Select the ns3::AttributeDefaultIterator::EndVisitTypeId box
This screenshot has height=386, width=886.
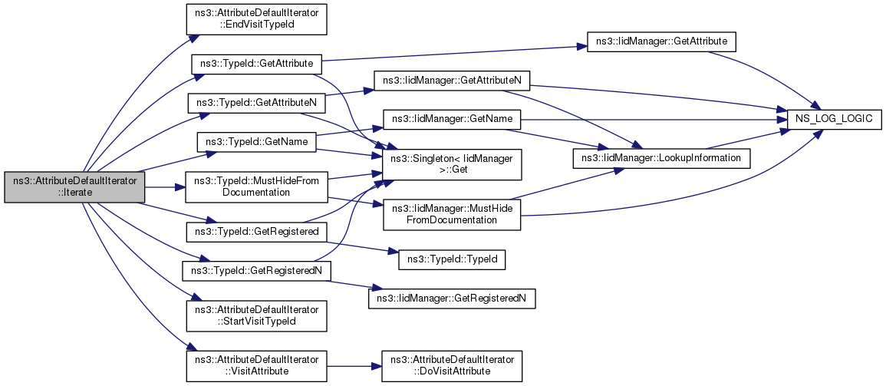pos(257,20)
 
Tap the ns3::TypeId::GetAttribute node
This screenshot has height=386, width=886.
pos(257,64)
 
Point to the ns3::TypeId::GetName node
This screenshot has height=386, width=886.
pos(256,142)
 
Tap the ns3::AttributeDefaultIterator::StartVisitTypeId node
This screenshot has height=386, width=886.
pos(257,315)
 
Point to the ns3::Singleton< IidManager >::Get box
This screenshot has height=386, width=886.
pos(452,164)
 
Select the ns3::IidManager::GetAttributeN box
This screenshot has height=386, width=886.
pos(452,81)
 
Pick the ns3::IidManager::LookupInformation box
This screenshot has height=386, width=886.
pos(662,158)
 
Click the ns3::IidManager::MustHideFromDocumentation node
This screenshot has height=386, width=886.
pos(452,214)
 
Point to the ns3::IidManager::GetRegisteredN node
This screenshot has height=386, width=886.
pos(452,298)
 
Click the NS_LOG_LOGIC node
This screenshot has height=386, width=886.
pos(834,119)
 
